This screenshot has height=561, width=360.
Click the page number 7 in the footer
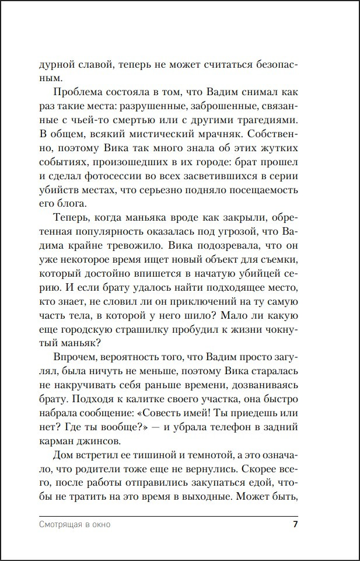pyautogui.click(x=295, y=524)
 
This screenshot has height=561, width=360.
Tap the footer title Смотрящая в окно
pyautogui.click(x=75, y=524)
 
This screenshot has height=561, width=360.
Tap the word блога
pyautogui.click(x=72, y=204)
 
